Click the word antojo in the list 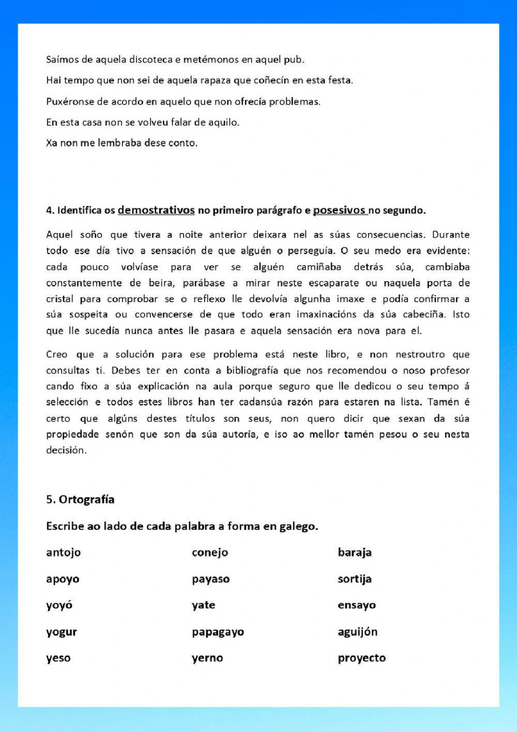[63, 552]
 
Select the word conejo [209, 552]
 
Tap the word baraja [354, 552]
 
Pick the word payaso [210, 579]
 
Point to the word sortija [354, 579]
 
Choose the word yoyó [59, 605]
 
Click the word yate [203, 605]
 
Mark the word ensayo [356, 605]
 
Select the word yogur [61, 632]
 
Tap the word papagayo [218, 632]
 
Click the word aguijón [357, 632]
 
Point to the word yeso [58, 658]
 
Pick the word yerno [207, 658]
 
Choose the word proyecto [361, 658]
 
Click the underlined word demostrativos [156, 210]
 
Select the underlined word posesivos [340, 210]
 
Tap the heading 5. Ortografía [80, 500]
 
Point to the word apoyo [63, 579]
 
